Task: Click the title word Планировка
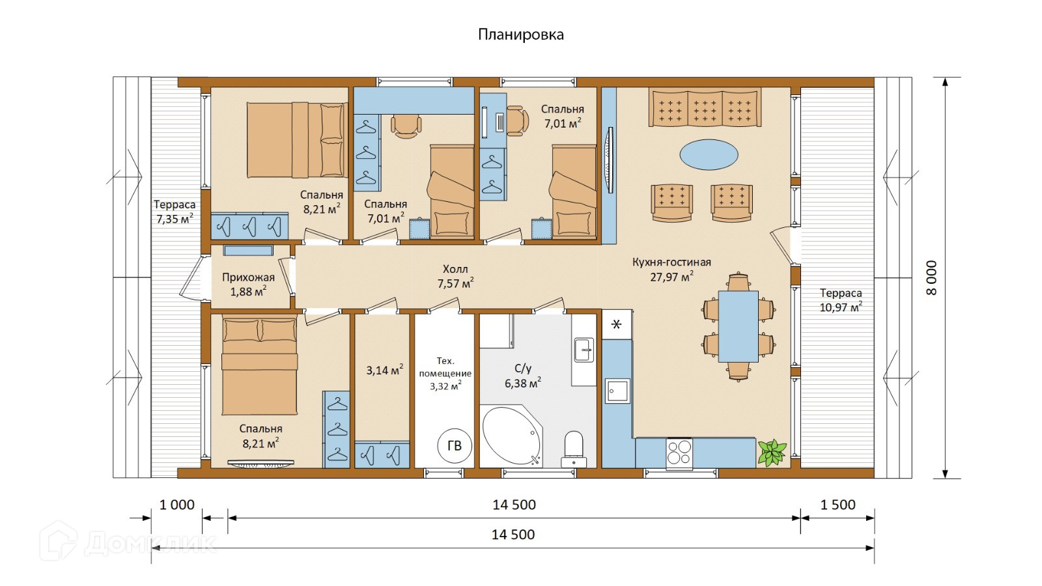point(520,35)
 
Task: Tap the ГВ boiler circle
point(454,446)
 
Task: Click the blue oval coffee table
point(709,155)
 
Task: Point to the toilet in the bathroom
point(574,448)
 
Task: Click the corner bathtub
point(511,436)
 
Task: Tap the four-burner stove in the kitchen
point(679,453)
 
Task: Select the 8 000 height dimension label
point(932,278)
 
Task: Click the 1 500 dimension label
point(838,505)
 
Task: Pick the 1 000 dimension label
point(177,505)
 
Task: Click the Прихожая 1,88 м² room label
point(248,285)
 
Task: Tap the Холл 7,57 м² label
point(455,277)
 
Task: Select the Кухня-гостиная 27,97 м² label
point(671,270)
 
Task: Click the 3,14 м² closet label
point(384,370)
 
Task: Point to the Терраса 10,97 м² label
point(841,300)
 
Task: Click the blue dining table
point(739,326)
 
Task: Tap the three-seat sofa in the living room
point(705,107)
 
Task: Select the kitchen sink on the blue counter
point(617,391)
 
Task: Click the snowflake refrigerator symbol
point(617,324)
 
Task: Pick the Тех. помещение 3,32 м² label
point(445,373)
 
